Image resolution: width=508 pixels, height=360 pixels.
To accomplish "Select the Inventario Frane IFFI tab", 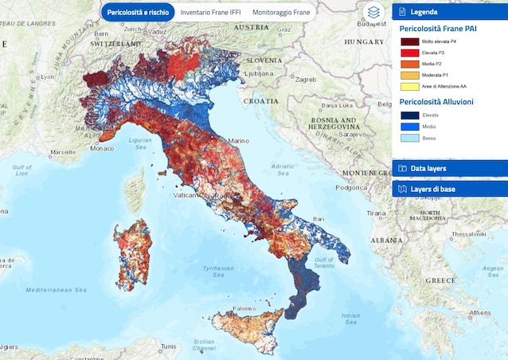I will (x=210, y=13).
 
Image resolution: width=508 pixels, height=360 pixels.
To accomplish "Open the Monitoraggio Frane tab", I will (x=281, y=13).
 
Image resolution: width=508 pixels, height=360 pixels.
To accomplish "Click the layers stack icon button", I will (x=373, y=13).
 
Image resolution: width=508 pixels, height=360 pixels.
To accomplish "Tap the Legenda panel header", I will (x=450, y=12).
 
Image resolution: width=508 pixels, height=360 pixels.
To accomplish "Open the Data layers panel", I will (x=450, y=168).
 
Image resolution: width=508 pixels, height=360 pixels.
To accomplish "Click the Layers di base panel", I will (x=450, y=189).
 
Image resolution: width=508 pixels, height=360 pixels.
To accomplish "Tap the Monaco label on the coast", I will (x=101, y=148).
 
